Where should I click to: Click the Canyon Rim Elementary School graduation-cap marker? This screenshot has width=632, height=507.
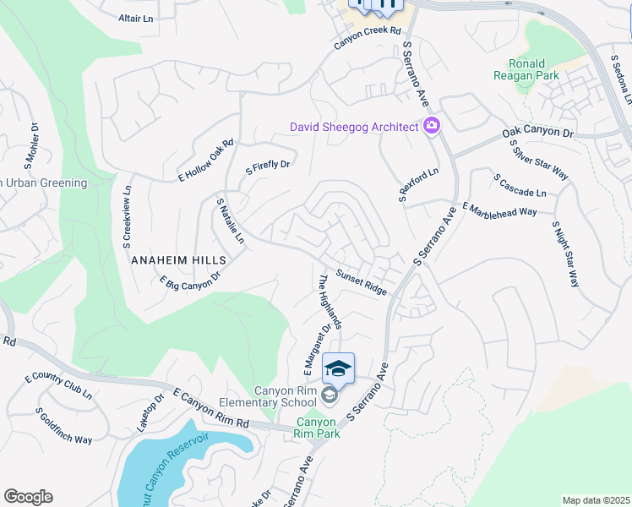(x=338, y=368)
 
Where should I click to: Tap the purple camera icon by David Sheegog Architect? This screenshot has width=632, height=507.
(x=432, y=126)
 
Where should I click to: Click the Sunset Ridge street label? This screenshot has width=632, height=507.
(x=362, y=282)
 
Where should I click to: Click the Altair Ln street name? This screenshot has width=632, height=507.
(x=136, y=18)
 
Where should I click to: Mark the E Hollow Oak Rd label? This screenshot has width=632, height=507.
(x=205, y=161)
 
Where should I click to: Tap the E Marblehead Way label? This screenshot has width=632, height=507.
(x=499, y=210)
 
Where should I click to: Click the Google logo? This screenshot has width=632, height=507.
(x=28, y=497)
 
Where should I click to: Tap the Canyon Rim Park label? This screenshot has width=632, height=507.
(x=317, y=428)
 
